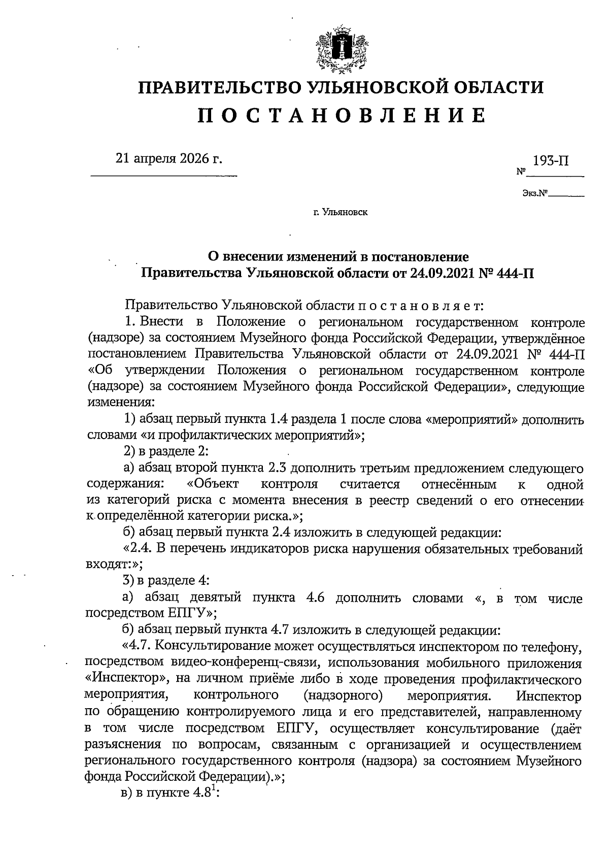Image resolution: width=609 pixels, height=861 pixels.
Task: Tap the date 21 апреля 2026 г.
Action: tap(170, 159)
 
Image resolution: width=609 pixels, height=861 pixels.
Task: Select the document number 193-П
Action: tap(551, 161)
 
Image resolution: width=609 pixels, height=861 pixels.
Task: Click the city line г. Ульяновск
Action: tap(341, 212)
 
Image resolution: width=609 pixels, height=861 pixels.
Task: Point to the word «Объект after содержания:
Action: tap(214, 484)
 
